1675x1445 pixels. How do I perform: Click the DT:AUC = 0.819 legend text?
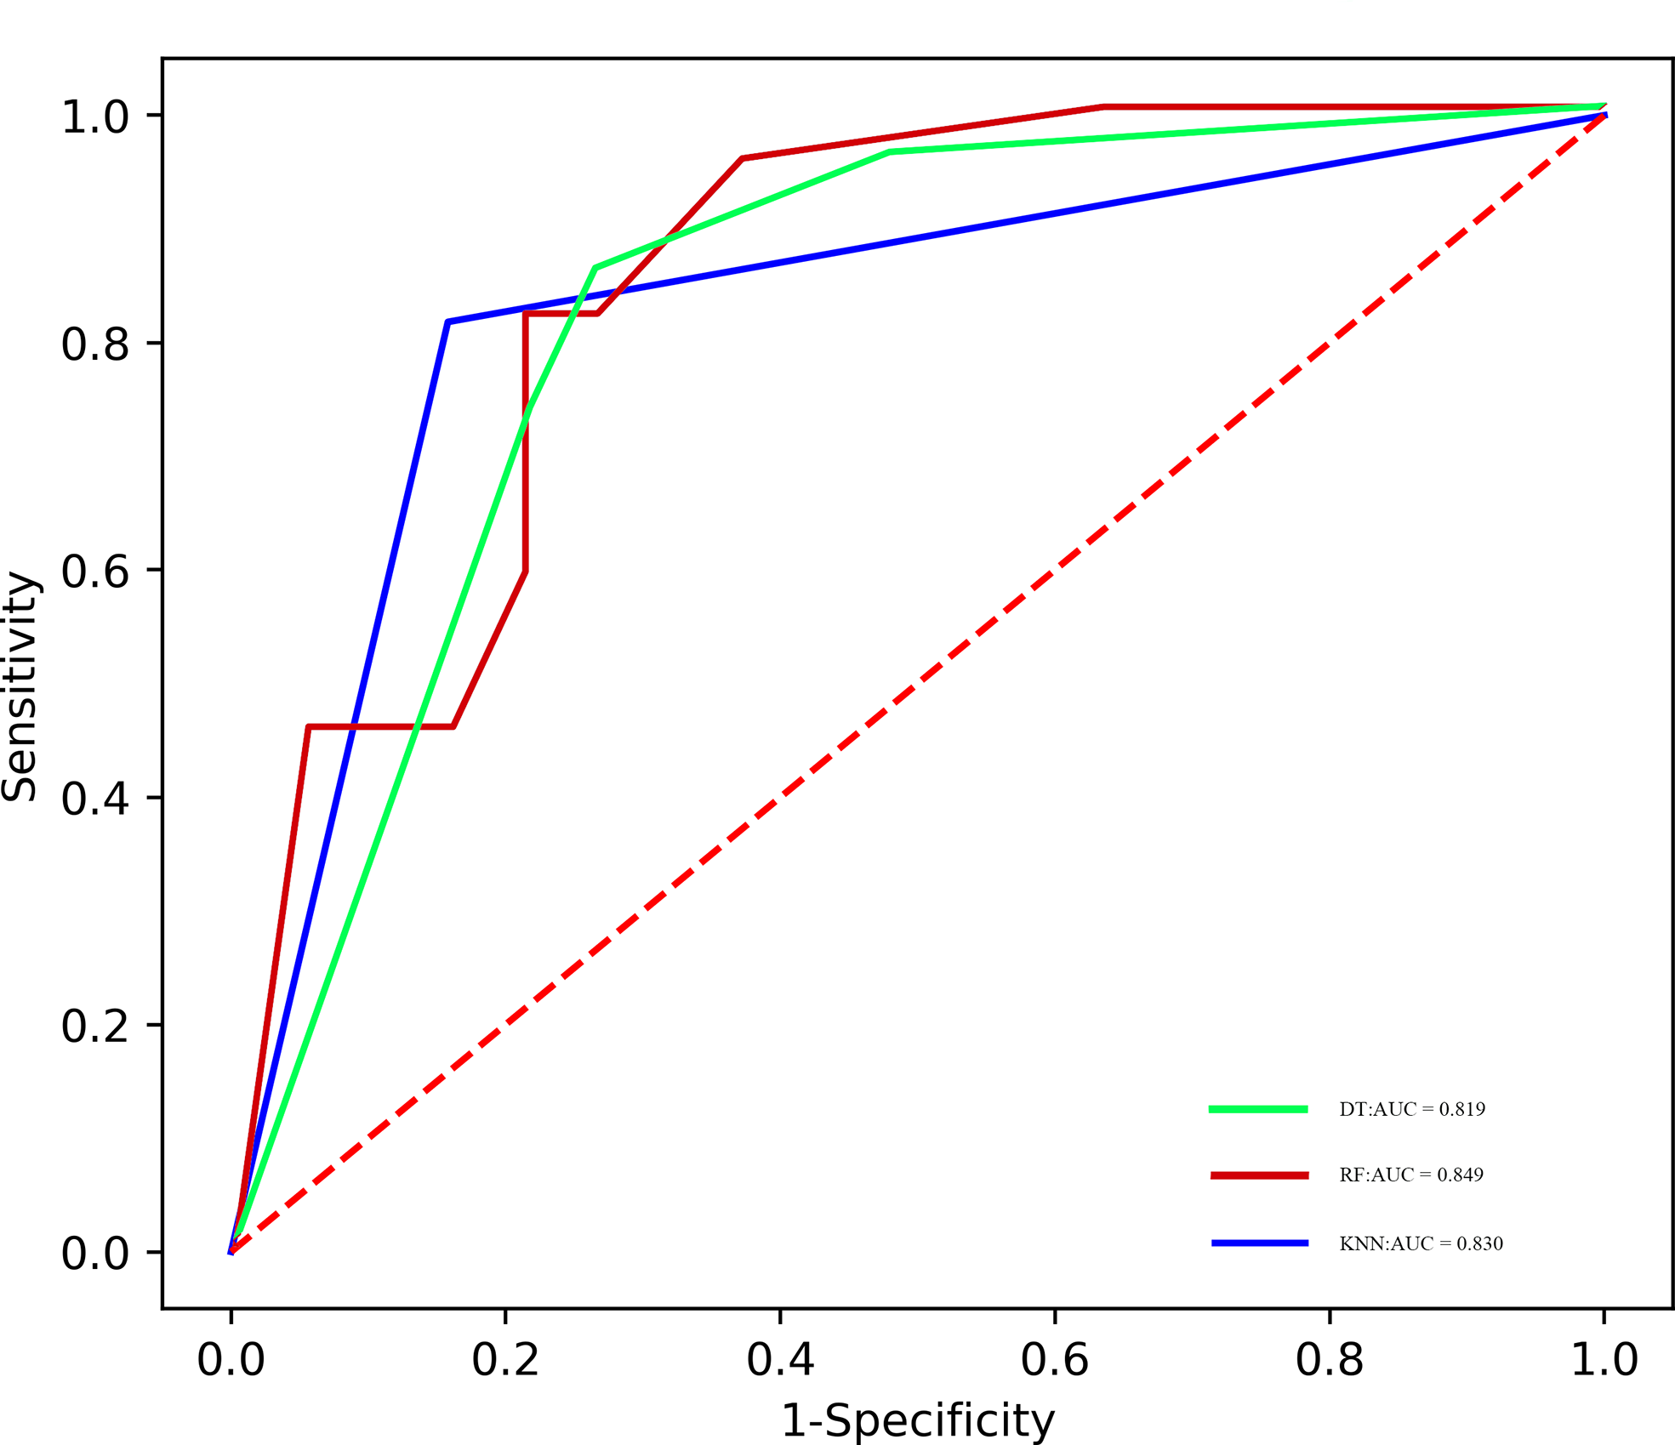point(1412,1109)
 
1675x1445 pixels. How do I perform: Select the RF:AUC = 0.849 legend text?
point(1411,1175)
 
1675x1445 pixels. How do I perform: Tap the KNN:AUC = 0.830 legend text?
point(1421,1244)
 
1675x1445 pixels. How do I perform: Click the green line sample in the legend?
point(1258,1109)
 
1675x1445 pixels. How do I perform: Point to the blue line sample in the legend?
point(1260,1243)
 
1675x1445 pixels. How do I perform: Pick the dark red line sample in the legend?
point(1260,1175)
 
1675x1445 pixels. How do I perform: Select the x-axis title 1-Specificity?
point(917,1420)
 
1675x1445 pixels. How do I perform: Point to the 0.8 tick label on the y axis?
point(94,344)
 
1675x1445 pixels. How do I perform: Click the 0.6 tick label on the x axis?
point(1055,1360)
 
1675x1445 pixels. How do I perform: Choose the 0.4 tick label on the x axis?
point(780,1360)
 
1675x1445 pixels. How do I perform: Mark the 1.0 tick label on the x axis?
point(1604,1360)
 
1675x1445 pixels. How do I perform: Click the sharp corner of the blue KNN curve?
point(447,322)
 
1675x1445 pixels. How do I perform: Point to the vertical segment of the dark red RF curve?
point(526,442)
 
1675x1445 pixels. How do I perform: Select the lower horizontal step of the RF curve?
point(380,727)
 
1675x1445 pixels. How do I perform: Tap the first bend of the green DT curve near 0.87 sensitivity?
point(595,268)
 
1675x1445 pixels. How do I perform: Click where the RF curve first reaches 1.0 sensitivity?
point(1103,107)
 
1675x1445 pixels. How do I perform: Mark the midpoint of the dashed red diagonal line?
point(917,684)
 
